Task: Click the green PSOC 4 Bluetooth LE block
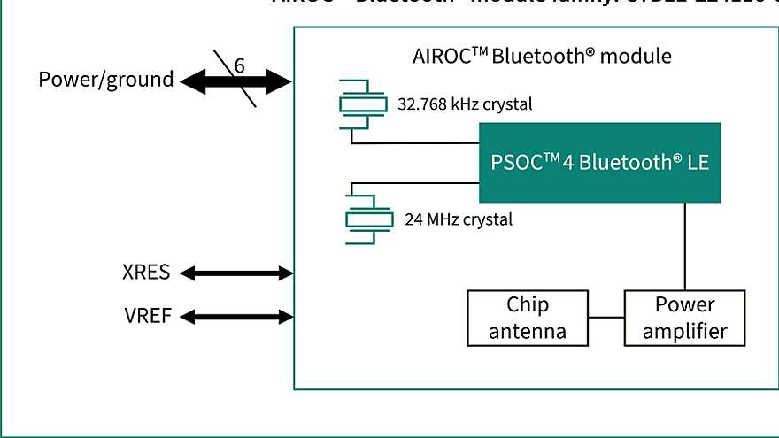600,163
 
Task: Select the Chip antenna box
528,319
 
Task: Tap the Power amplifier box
685,319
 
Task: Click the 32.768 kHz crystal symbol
363,104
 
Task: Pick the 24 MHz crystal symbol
368,219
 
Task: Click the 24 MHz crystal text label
459,219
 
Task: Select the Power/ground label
106,80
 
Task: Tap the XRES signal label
146,273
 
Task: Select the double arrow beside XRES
236,273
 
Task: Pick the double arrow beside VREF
236,316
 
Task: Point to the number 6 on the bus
239,65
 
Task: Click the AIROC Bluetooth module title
542,57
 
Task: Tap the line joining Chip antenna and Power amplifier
607,318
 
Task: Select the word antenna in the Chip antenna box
528,332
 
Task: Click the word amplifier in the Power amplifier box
685,332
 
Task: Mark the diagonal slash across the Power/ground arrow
248,93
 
